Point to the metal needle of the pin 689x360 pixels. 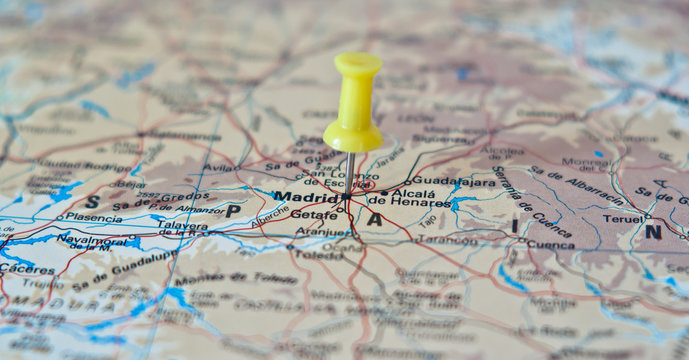click(350, 172)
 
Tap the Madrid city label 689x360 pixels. click(306, 197)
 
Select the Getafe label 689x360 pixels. click(313, 214)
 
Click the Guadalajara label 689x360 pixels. click(453, 182)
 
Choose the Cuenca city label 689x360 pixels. click(550, 243)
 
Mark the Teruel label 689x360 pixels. click(622, 218)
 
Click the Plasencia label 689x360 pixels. click(94, 216)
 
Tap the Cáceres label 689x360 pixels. click(27, 268)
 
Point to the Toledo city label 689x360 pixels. click(318, 255)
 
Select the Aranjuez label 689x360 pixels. click(322, 231)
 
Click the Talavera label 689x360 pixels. click(182, 225)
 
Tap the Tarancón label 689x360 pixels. click(447, 240)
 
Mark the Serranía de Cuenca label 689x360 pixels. click(530, 199)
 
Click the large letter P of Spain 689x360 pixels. click(232, 211)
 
